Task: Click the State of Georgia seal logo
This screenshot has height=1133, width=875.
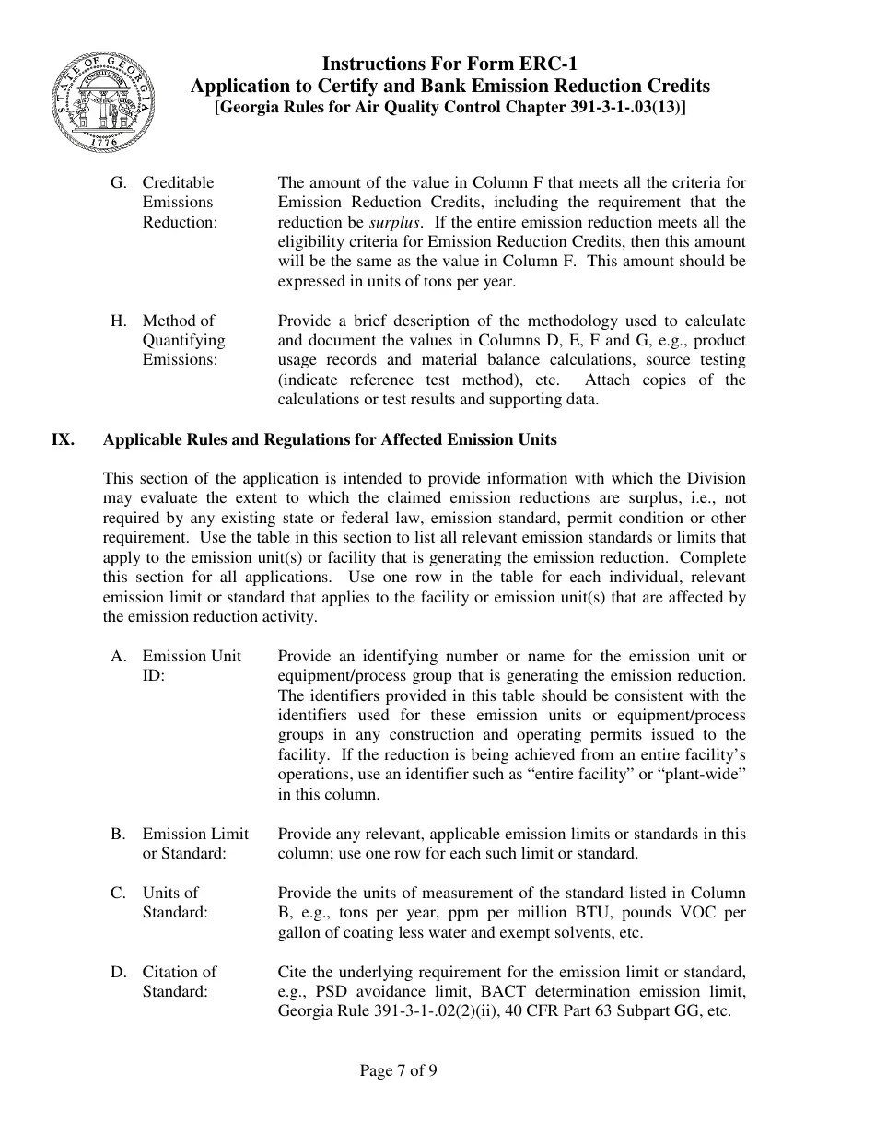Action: [103, 101]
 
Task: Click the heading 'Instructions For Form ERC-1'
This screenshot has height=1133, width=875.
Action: [449, 64]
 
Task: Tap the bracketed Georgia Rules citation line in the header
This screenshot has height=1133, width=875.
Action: [449, 108]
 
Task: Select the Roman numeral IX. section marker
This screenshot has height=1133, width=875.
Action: [63, 439]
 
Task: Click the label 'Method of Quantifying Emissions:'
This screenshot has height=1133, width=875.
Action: [183, 340]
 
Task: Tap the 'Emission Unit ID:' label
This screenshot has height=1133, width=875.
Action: [192, 666]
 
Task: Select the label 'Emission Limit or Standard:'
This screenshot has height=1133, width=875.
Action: [195, 844]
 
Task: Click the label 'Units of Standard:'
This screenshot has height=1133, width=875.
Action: [175, 903]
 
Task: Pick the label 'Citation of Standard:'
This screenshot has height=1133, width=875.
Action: [179, 982]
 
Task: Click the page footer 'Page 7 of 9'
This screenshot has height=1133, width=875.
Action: [398, 1070]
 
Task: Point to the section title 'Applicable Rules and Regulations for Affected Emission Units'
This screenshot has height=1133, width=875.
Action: [330, 439]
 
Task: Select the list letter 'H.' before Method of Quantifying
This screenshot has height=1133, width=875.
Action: [119, 321]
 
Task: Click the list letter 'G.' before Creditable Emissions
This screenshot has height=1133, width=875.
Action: [119, 182]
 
